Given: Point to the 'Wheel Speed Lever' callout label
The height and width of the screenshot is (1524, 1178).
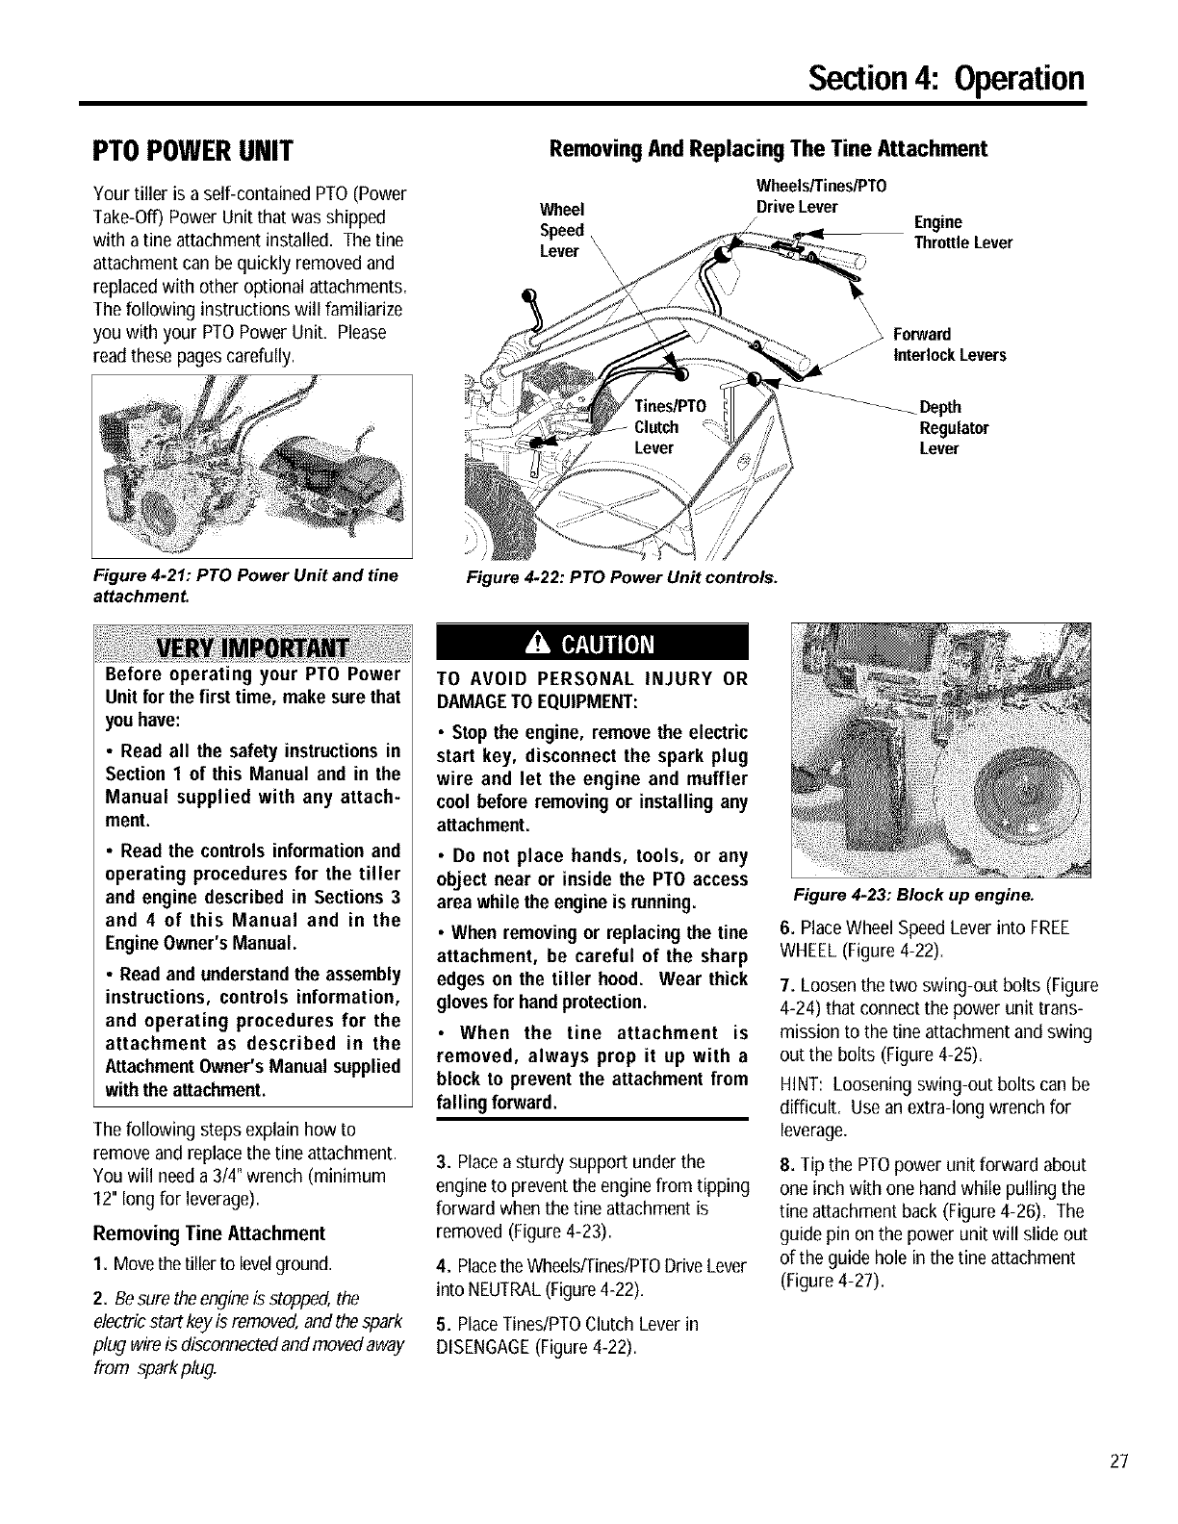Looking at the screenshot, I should pos(562,230).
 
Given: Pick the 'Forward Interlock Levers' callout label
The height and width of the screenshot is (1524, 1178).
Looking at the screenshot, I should pos(949,344).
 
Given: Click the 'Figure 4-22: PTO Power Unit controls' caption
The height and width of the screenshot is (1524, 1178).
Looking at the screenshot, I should pos(622,577).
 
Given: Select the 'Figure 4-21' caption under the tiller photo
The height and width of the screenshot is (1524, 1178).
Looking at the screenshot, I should pos(244,583).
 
